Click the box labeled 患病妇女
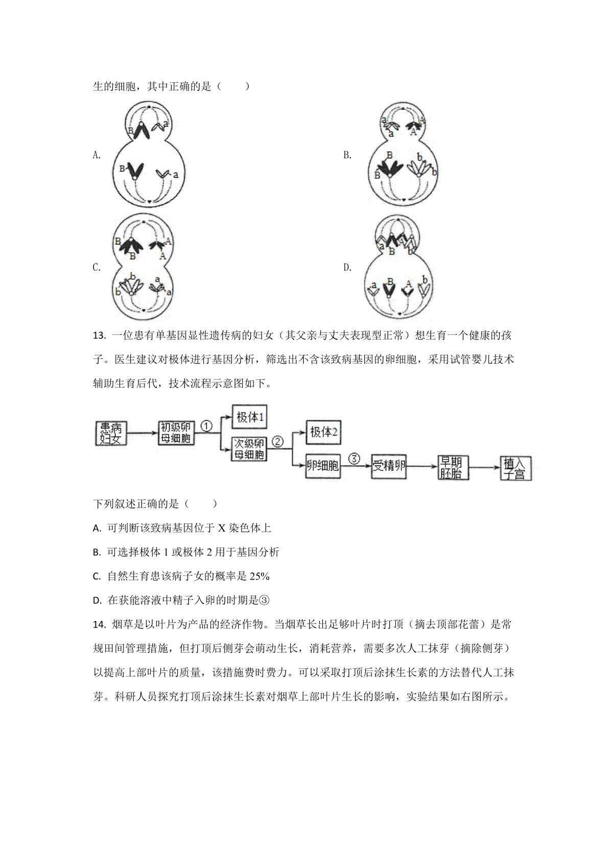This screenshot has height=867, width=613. coord(111,433)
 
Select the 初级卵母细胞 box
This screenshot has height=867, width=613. coord(176,432)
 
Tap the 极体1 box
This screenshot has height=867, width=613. coord(249,417)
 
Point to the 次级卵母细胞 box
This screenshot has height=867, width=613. coord(249,449)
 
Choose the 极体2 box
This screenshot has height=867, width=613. coord(323,432)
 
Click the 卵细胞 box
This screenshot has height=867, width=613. coord(323,466)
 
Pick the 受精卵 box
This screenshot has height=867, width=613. coord(389,466)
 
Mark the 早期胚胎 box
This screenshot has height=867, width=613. coord(453,468)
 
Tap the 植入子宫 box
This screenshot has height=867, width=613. coord(516,468)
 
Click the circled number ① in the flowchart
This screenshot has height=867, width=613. coord(206,426)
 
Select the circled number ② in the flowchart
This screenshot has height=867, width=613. coord(278,442)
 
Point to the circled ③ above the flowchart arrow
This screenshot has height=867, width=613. coord(355,459)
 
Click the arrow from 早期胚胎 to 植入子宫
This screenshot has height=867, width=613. coord(484,468)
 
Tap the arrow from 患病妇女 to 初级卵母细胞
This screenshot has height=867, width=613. coord(143,433)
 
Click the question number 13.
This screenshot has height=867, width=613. coord(99,335)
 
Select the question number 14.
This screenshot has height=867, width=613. coord(99,624)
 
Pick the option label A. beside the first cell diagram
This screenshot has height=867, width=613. coord(97,155)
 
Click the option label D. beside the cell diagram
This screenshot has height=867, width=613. coord(347,267)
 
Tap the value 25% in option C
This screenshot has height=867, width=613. coord(260,576)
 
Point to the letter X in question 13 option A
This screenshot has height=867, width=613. coord(222,528)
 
